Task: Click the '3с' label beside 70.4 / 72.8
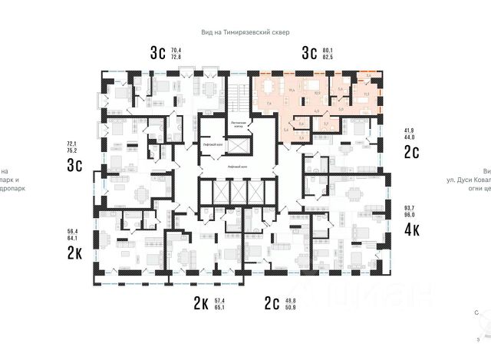158,53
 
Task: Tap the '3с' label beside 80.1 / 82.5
309,53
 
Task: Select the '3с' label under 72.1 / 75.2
74,166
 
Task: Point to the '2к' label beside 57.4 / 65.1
201,304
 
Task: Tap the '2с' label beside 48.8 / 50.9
272,304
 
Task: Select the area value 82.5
331,58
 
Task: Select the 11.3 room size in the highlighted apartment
366,94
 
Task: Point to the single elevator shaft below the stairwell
240,145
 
